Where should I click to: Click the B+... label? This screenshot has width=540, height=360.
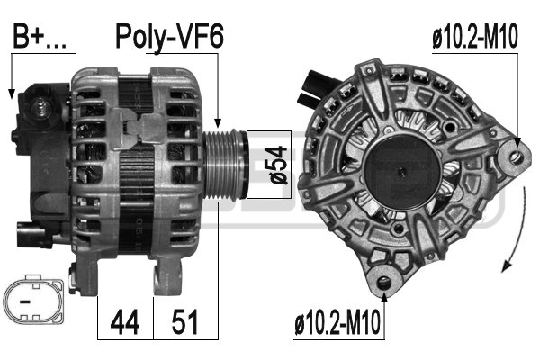(x=40, y=36)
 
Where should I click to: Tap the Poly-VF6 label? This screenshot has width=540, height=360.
(x=169, y=37)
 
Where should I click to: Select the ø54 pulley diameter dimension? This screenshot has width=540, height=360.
(x=277, y=165)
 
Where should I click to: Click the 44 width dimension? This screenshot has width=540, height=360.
(x=125, y=322)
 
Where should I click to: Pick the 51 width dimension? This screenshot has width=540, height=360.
(x=184, y=322)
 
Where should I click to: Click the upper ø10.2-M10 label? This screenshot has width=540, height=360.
(x=475, y=37)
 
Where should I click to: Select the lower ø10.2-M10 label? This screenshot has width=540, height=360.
(x=337, y=322)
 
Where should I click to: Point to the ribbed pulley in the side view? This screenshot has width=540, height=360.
(x=225, y=165)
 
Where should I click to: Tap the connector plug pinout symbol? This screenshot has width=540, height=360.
(x=33, y=299)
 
